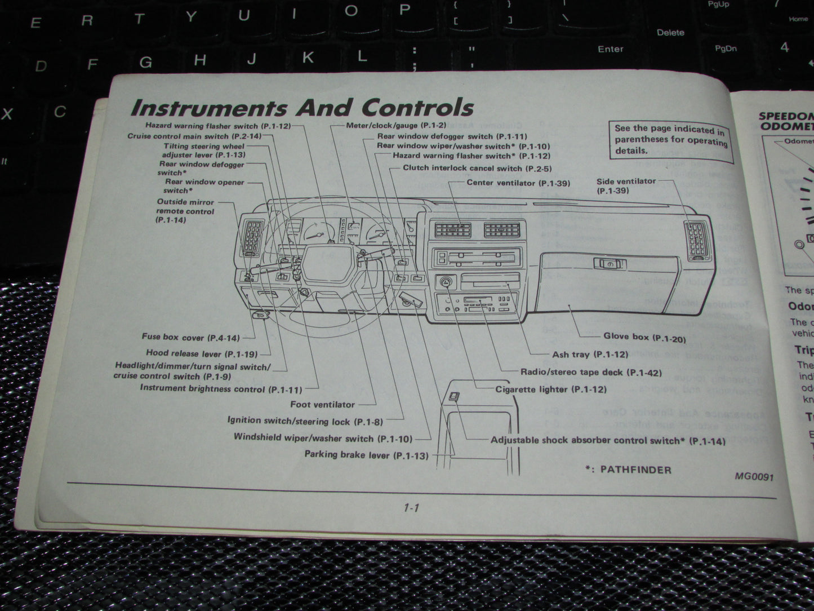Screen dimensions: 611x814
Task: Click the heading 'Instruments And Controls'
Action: (301, 107)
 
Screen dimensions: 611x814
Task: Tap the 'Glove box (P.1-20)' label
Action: (644, 337)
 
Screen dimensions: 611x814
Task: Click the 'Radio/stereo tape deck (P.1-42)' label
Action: (591, 372)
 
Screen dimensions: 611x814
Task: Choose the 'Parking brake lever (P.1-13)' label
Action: (366, 455)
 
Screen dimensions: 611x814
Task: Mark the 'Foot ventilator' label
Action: (322, 404)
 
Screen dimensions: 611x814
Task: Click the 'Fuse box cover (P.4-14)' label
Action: (190, 338)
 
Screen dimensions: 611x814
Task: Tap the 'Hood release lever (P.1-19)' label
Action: (201, 353)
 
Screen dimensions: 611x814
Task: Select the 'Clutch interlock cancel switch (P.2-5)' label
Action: (477, 168)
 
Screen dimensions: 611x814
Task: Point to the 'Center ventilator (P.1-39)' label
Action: (518, 183)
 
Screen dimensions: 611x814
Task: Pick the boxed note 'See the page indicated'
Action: (670, 139)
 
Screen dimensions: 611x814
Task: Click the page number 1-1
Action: (411, 508)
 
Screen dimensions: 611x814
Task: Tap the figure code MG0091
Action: (754, 476)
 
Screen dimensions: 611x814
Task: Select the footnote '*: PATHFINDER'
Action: (628, 470)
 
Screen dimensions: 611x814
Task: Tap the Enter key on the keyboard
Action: (610, 49)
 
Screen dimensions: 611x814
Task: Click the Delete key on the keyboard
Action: (670, 32)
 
